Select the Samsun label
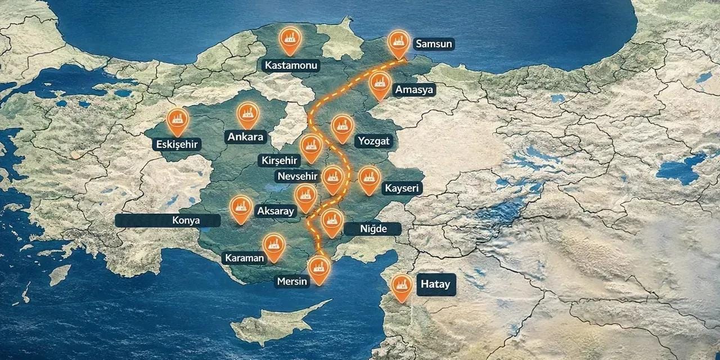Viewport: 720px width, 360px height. point(434,43)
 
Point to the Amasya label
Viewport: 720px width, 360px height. point(415,90)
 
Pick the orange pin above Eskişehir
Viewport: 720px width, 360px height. point(178,119)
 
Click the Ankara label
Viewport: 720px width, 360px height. point(246,137)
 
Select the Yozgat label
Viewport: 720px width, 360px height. point(372,141)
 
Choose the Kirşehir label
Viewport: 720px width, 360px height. point(279,160)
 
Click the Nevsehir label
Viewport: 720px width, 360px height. point(298,176)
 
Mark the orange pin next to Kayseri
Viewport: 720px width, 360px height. point(369,178)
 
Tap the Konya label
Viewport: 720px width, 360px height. point(186,220)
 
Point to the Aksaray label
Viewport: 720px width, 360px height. point(275,211)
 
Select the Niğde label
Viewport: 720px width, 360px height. point(373,229)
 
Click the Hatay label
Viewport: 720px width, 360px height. point(435,285)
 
